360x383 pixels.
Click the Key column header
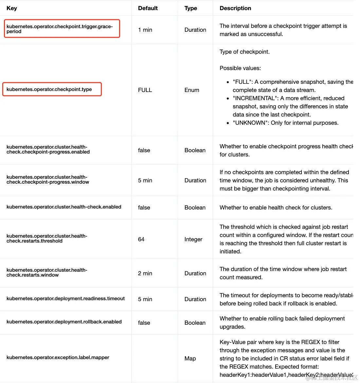[12, 8]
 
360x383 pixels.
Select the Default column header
[148, 8]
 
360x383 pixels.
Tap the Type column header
[190, 8]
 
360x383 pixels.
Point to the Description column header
[235, 8]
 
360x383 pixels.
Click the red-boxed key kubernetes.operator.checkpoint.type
[49, 89]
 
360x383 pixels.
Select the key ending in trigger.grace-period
[60, 29]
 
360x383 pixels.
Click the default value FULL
[145, 90]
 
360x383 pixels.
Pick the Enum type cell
[192, 90]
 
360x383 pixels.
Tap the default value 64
[141, 239]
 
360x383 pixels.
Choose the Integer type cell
[193, 239]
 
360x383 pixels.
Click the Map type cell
[190, 358]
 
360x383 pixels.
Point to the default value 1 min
[145, 30]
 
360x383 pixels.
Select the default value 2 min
[145, 273]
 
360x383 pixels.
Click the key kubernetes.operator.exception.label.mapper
[58, 357]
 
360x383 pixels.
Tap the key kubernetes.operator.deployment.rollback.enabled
[64, 322]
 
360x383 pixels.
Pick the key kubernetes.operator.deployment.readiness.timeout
[65, 299]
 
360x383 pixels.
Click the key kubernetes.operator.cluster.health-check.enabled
[64, 207]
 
